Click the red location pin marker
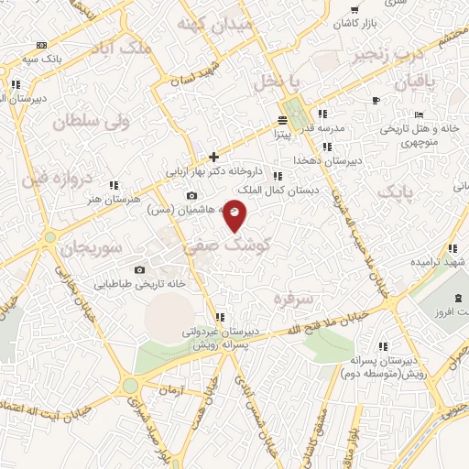tap(234, 214)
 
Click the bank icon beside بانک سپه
tap(41, 45)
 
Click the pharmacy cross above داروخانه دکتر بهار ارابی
tap(213, 157)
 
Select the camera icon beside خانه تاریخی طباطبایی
tap(139, 269)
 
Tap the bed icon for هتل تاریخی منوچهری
tap(419, 115)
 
